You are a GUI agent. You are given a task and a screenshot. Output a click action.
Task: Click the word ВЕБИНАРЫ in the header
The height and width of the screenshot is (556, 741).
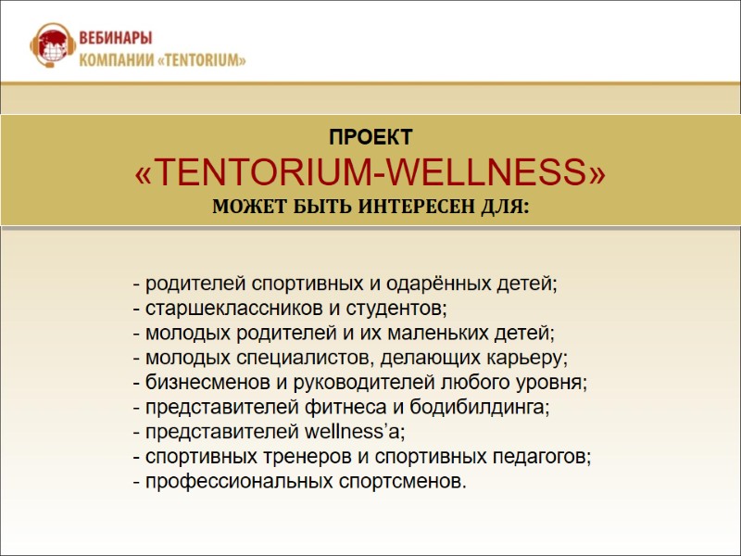click(x=117, y=38)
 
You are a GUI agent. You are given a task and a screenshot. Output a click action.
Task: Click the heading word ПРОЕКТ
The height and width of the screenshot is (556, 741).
click(x=370, y=138)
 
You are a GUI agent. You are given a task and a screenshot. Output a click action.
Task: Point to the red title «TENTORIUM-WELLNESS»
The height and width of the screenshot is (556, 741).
click(x=370, y=171)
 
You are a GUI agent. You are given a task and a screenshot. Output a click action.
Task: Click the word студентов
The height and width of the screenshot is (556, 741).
click(x=387, y=307)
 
